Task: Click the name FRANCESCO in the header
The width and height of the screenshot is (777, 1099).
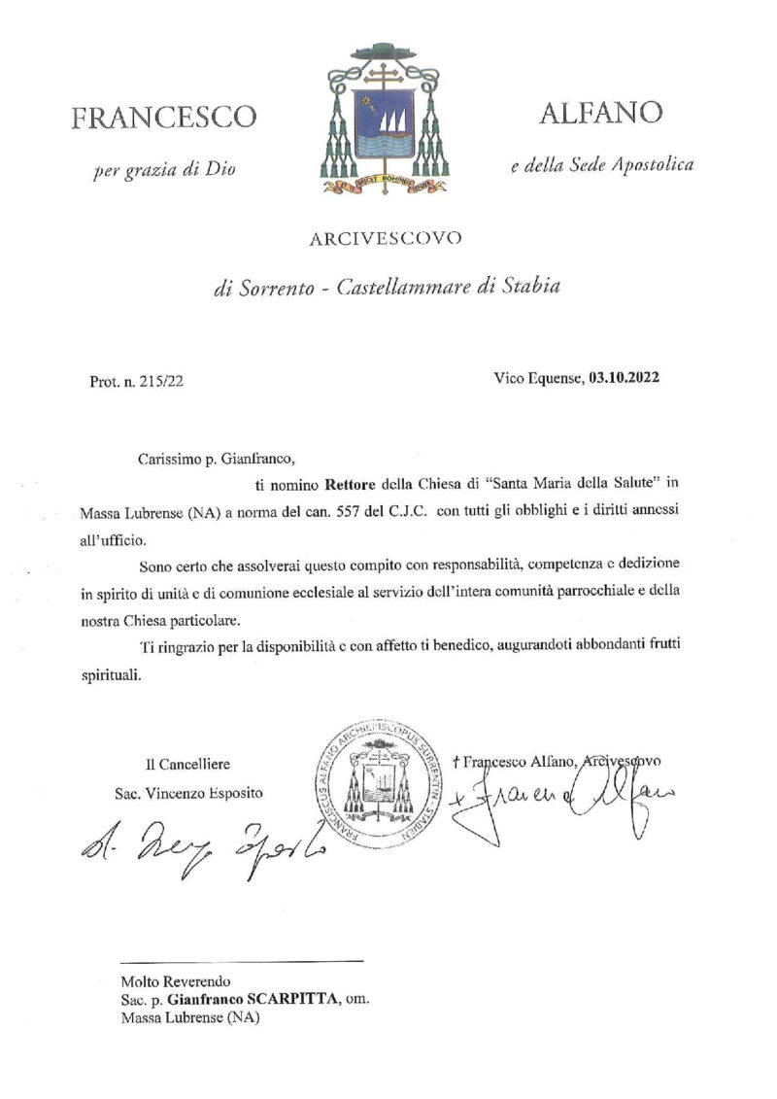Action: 164,118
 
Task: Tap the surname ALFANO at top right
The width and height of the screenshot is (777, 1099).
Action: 601,113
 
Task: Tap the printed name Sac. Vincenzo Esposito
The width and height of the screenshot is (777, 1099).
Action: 187,792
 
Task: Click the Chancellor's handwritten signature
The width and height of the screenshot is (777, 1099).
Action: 199,838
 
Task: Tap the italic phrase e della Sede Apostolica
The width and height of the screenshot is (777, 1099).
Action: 602,166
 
